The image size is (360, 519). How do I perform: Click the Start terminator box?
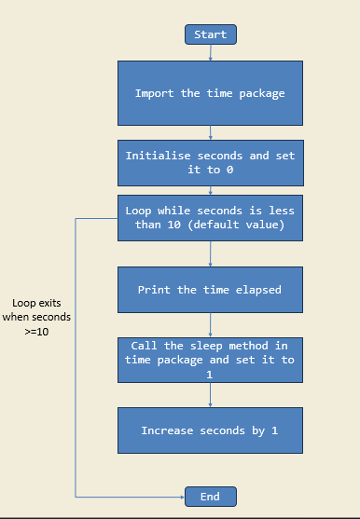coord(211,34)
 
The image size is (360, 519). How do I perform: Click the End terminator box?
coord(211,497)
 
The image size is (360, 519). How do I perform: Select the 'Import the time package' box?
coord(210,93)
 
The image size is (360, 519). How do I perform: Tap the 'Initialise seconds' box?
coord(210,163)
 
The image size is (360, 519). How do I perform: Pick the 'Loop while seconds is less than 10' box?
coord(210,217)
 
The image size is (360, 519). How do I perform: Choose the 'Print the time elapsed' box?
coord(210,290)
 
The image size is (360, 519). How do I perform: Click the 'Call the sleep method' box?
coord(210,360)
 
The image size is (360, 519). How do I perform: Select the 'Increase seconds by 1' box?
coord(210,430)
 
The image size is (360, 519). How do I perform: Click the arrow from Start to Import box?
coord(211,52)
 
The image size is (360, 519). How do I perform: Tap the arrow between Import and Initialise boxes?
coord(211,132)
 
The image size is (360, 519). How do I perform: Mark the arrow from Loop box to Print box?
coord(211,253)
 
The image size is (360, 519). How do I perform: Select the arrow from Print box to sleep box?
coord(211,325)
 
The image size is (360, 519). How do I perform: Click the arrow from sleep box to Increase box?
coord(211,395)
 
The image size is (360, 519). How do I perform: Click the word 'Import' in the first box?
coord(155,93)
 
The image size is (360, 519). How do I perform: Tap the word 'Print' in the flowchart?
coord(154,290)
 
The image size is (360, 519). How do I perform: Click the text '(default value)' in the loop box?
coord(242,225)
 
